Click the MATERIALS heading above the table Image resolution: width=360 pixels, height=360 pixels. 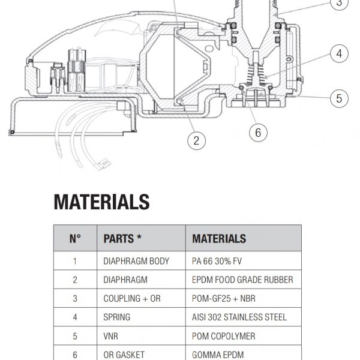101,202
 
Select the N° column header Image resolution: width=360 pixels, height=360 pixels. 75,238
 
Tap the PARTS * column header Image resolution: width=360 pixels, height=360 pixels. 122,238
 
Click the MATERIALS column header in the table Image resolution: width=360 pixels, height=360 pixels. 219,238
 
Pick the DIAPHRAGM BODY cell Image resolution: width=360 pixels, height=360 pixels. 136,261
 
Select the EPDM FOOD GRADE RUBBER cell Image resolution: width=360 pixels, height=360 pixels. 242,280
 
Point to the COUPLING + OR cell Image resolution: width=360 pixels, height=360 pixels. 132,298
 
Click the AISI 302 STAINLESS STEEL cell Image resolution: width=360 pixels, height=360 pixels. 239,317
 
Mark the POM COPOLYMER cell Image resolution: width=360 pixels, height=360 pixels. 224,336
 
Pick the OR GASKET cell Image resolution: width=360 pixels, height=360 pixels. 124,355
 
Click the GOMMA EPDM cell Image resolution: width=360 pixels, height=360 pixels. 217,355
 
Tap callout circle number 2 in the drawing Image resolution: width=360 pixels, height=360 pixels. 196,141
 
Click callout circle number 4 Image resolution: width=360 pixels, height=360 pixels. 339,54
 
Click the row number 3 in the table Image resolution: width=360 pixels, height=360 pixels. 75,298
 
